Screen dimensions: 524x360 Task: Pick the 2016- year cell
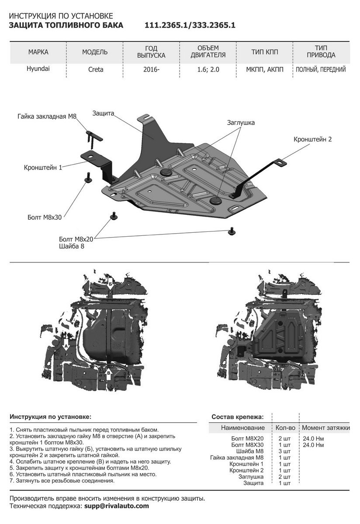click(151, 69)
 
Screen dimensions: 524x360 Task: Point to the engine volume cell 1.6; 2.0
click(208, 69)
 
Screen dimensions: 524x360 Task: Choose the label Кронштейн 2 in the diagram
click(312, 139)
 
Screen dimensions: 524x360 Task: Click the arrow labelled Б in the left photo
click(111, 283)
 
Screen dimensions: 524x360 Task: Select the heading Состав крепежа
click(237, 417)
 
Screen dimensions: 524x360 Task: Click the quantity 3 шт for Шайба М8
click(284, 451)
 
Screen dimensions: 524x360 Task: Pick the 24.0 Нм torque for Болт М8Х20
click(313, 438)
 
